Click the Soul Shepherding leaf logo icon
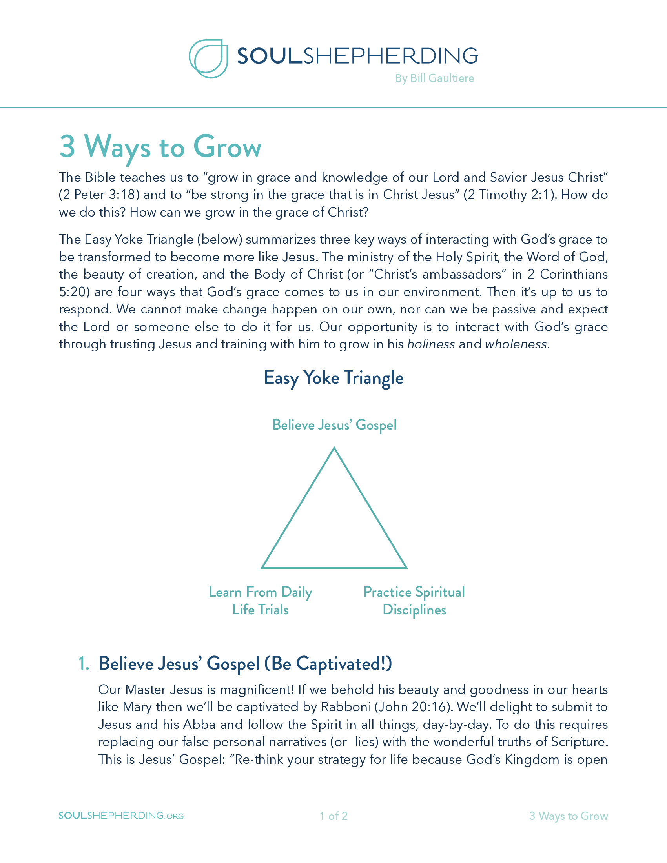[208, 58]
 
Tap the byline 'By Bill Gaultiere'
[434, 78]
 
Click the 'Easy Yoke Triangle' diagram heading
[333, 378]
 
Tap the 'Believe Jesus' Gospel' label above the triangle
[334, 425]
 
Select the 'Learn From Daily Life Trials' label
[261, 601]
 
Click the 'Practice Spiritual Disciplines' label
[414, 601]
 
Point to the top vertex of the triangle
[334, 448]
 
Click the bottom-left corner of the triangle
[262, 568]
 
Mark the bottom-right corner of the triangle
[406, 568]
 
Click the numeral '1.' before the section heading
[83, 663]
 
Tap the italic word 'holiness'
[431, 344]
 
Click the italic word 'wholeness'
[516, 344]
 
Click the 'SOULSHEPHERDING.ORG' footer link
[121, 816]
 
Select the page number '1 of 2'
[333, 816]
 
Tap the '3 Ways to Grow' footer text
[568, 816]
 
